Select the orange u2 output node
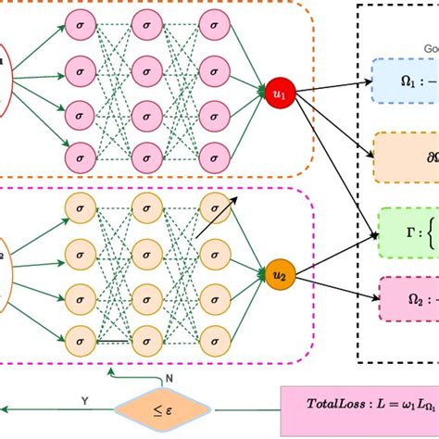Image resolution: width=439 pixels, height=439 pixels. pos(279,249)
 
